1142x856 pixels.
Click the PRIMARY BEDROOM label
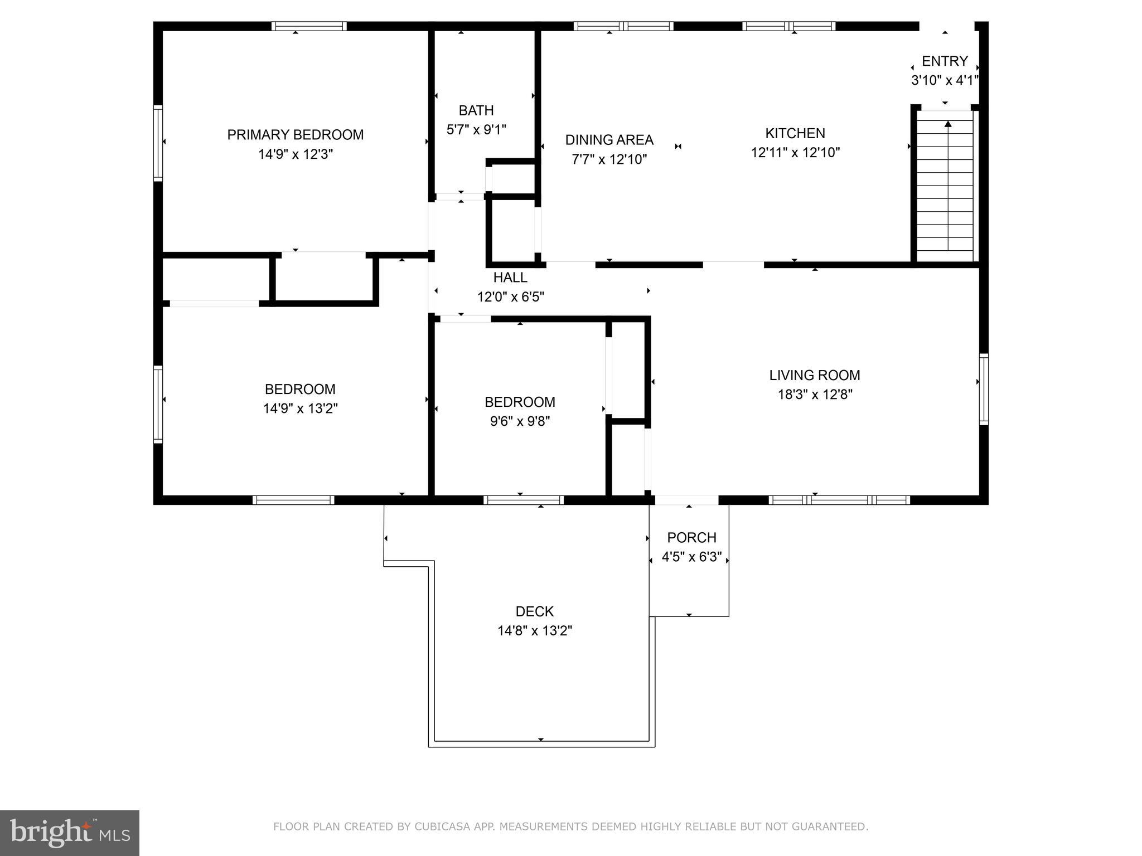[x=295, y=135]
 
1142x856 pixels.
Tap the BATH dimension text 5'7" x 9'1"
[x=476, y=130]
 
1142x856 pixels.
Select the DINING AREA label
[x=609, y=140]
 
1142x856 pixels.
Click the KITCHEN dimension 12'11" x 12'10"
[x=795, y=153]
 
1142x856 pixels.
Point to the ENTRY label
[x=945, y=61]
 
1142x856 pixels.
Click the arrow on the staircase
[x=948, y=124]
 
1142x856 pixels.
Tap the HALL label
[x=510, y=278]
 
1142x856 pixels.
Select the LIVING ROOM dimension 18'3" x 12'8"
[x=815, y=395]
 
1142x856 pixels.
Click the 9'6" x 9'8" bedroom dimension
[x=520, y=421]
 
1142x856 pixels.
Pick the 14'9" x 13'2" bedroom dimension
[x=300, y=408]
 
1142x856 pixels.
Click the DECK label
[x=534, y=612]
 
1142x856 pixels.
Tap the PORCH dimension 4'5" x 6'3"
[x=691, y=557]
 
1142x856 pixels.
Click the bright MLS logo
[x=70, y=833]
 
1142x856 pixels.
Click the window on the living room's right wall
[x=984, y=388]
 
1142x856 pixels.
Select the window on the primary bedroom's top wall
[x=309, y=26]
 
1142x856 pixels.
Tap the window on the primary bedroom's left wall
[x=158, y=143]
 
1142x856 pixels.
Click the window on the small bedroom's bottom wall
[x=523, y=500]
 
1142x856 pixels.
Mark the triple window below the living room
[x=839, y=500]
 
